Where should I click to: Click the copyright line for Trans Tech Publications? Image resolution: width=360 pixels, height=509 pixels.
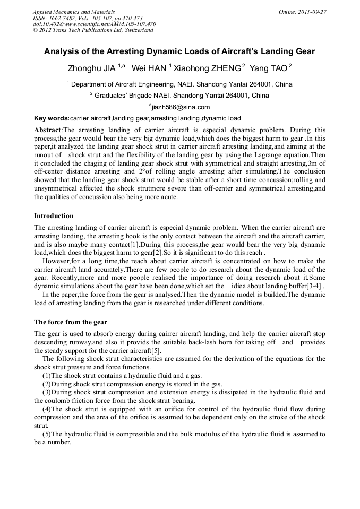click(x=93, y=30)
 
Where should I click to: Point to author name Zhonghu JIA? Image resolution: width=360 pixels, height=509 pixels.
click(x=92, y=68)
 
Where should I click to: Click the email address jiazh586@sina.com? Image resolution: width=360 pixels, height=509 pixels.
click(x=181, y=107)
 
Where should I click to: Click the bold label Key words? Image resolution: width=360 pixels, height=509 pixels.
click(x=52, y=118)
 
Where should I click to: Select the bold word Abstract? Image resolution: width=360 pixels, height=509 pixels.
click(x=48, y=130)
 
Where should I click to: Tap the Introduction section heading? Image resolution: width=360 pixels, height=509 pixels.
click(x=54, y=216)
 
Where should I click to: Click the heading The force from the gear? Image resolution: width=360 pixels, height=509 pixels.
click(x=71, y=322)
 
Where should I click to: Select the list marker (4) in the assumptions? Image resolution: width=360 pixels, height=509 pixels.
click(x=47, y=409)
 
